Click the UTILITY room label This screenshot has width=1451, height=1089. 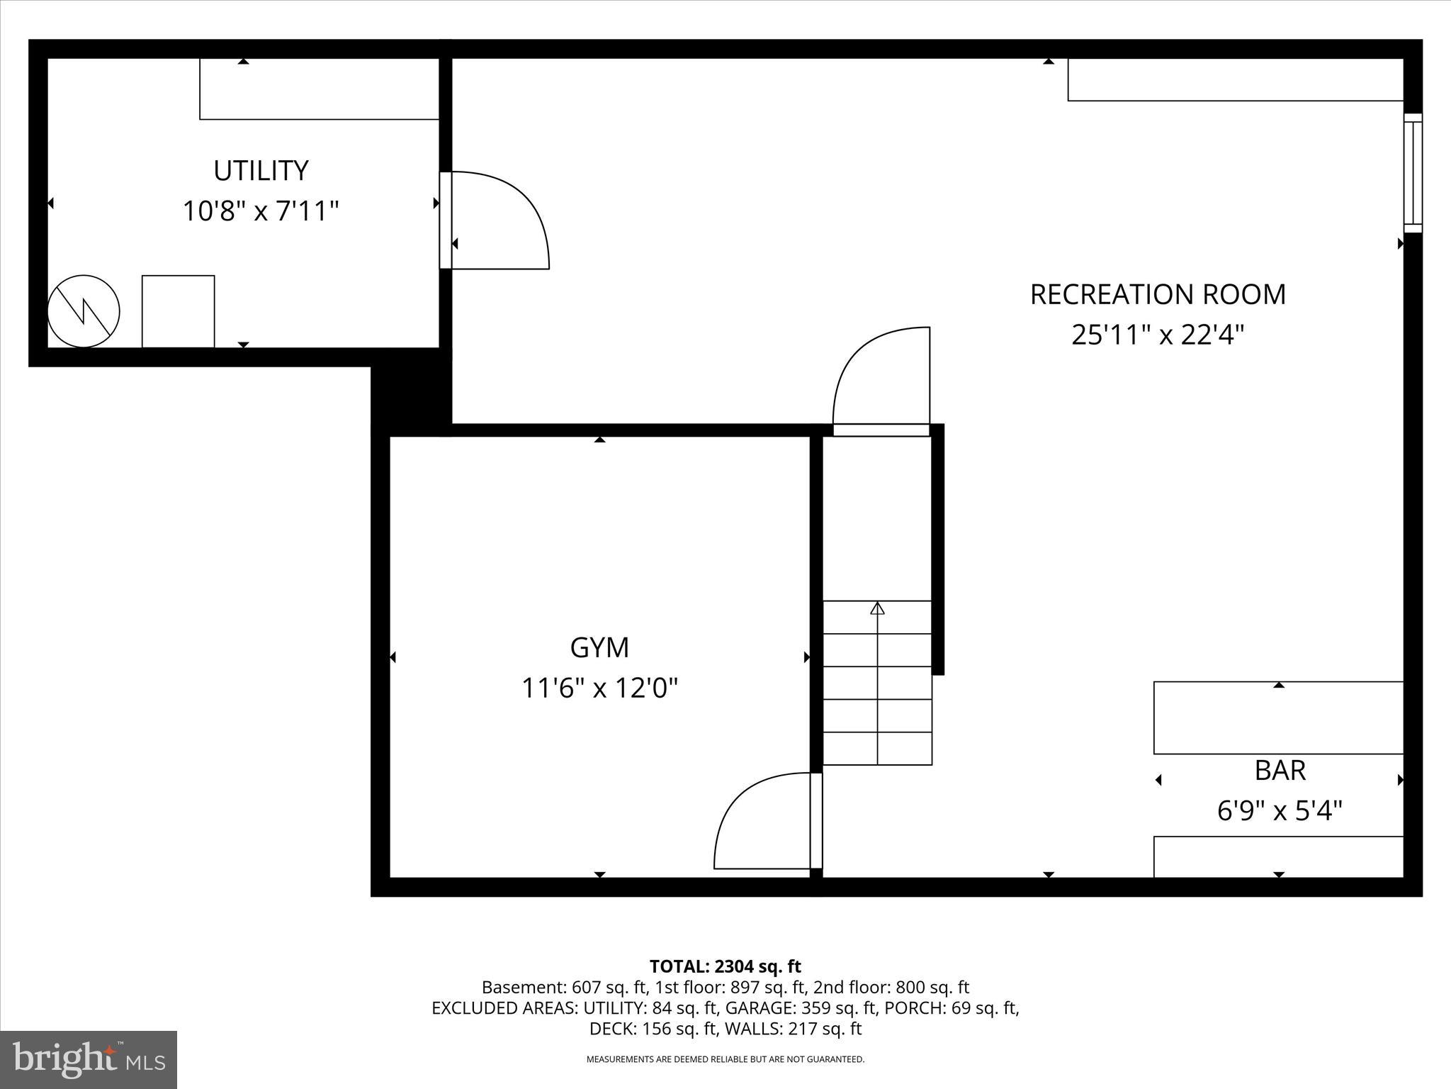tap(261, 171)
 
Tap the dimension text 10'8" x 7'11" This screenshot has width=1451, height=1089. tap(261, 211)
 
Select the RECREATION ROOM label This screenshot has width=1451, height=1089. tap(1157, 294)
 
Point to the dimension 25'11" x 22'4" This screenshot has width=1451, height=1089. tap(1157, 335)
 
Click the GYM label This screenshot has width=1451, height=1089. tap(599, 647)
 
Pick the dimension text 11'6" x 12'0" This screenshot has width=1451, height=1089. tap(599, 688)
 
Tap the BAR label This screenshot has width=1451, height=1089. tap(1280, 770)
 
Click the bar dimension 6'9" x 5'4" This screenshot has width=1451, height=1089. tap(1280, 810)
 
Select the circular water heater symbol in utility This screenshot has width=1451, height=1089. tap(84, 311)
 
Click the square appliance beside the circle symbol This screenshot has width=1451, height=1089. tap(178, 311)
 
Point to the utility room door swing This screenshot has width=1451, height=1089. tap(499, 220)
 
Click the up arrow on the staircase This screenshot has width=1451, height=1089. tap(878, 608)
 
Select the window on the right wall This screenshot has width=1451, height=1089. tap(1413, 173)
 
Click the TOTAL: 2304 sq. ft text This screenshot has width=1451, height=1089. tap(725, 966)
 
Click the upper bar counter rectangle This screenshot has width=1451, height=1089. tap(1278, 718)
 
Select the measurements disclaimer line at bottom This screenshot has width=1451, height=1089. tap(725, 1059)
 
